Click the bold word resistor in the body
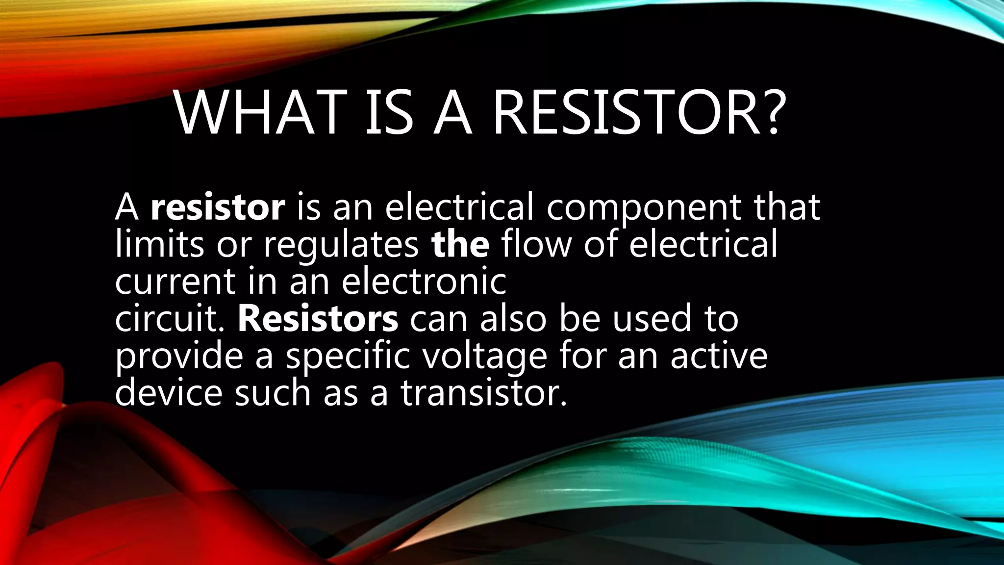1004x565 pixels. (x=218, y=207)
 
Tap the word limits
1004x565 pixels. (x=159, y=244)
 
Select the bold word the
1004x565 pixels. (x=460, y=244)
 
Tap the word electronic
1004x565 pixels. (x=424, y=282)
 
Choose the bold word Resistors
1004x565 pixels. (x=318, y=319)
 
